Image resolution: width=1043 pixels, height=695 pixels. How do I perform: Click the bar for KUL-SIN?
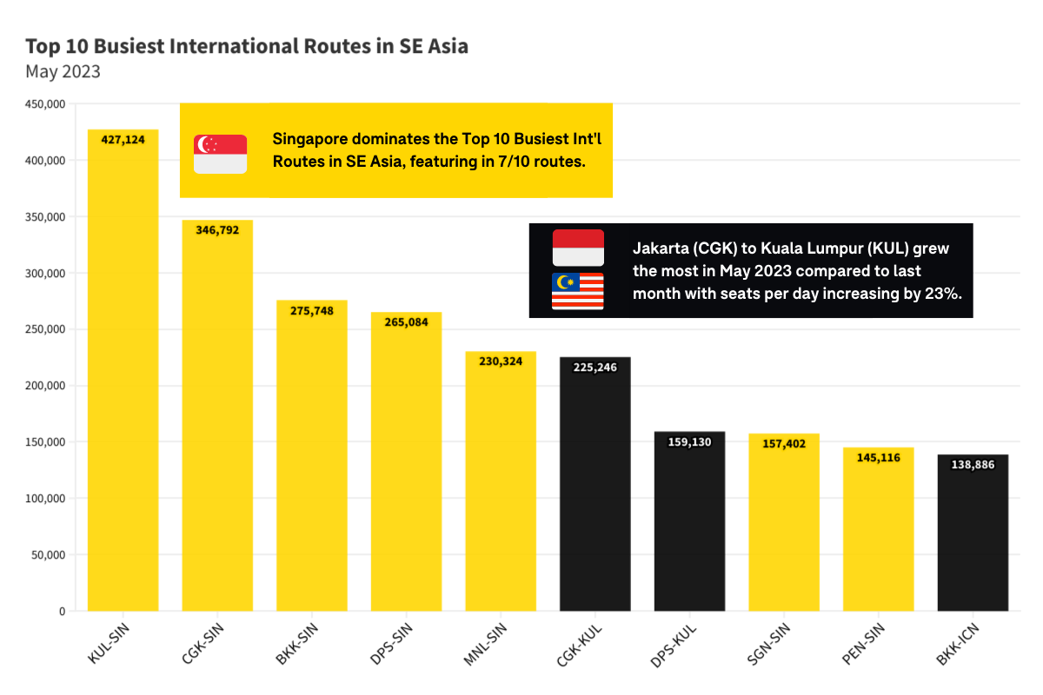[x=123, y=374]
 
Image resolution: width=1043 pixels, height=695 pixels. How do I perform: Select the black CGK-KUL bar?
[x=595, y=486]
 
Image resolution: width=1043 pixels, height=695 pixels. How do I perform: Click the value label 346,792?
[x=217, y=231]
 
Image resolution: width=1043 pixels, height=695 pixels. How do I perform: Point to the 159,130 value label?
[x=689, y=442]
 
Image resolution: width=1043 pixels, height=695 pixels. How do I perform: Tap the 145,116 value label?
[x=878, y=458]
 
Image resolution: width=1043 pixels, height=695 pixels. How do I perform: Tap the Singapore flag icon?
[x=220, y=154]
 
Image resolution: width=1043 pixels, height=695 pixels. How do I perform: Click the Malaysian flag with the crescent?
[x=578, y=291]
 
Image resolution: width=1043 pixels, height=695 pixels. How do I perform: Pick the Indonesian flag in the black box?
[x=578, y=248]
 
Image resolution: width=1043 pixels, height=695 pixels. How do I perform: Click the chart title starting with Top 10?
[x=247, y=46]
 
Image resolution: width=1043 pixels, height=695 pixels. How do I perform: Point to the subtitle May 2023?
[x=63, y=72]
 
